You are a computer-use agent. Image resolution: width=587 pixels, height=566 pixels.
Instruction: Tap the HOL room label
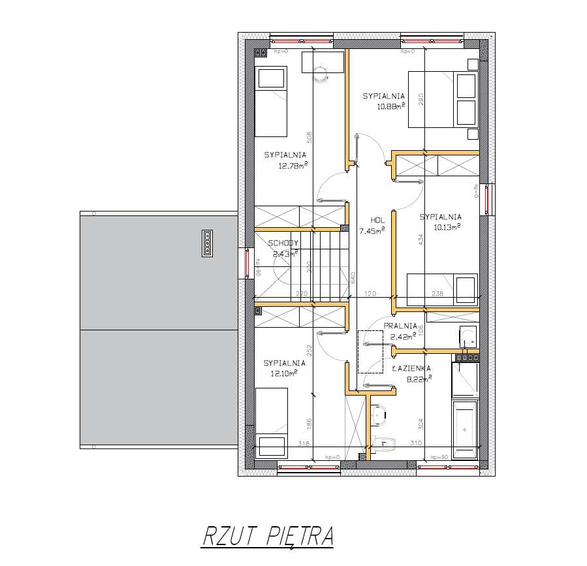point(377,220)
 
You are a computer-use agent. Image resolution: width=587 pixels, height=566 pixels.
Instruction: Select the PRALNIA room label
point(400,326)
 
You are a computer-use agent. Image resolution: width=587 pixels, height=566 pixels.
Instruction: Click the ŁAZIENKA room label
point(411,368)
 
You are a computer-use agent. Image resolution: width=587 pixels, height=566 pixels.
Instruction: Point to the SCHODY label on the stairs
point(283,244)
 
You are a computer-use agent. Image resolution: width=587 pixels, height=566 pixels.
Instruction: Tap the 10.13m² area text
point(447,227)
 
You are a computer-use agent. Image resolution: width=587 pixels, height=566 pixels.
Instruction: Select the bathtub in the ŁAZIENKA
point(464,428)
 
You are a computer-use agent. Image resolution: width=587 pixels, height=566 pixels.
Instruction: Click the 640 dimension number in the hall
point(353,277)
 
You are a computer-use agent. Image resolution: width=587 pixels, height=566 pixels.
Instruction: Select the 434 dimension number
point(421,240)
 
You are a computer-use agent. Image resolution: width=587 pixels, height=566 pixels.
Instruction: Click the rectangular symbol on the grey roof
point(206,244)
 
